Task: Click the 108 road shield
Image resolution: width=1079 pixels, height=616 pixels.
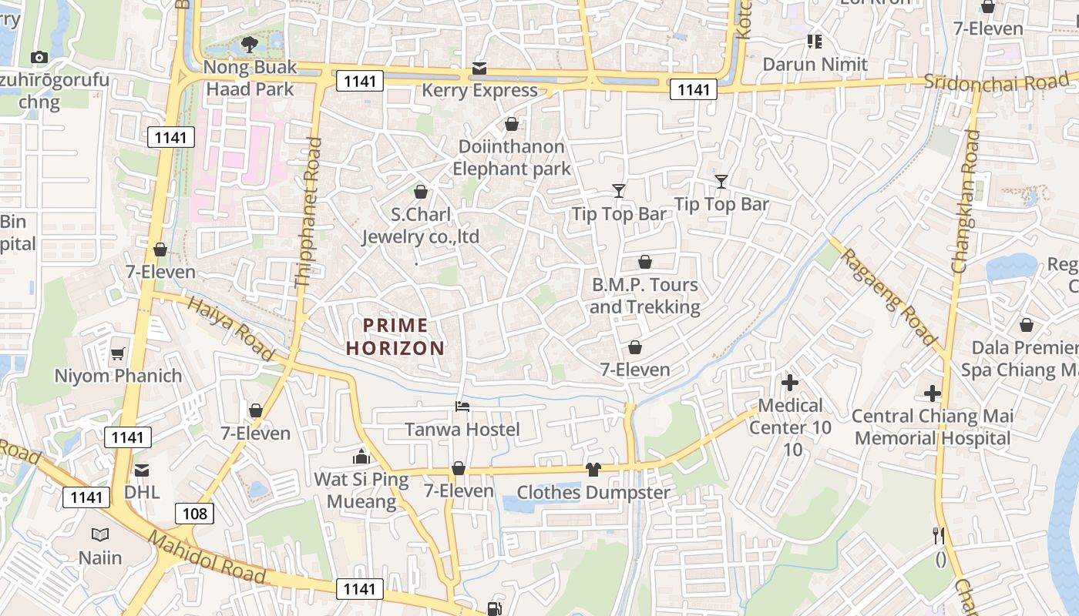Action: [x=194, y=513]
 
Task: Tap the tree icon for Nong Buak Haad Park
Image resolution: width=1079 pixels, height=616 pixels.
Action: [x=250, y=45]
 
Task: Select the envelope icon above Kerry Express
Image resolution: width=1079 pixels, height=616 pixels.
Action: [x=479, y=69]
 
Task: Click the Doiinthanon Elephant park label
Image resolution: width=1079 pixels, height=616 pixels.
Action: [x=511, y=158]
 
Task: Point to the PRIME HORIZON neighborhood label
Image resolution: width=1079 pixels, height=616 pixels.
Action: [x=395, y=336]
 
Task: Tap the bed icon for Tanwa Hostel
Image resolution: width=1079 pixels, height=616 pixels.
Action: [x=462, y=406]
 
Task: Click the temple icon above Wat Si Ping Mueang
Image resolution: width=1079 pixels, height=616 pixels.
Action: [x=361, y=457]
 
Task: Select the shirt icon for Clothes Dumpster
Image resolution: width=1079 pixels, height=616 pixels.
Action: [x=593, y=469]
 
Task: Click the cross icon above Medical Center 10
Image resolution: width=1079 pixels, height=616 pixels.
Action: [x=790, y=382]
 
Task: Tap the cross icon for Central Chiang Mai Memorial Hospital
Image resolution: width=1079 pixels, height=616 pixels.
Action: [x=933, y=393]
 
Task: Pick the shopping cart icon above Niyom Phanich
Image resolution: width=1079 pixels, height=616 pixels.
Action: [x=118, y=353]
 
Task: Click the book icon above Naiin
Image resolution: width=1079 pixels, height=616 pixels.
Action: [x=100, y=534]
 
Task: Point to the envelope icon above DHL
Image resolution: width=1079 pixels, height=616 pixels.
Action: [x=142, y=470]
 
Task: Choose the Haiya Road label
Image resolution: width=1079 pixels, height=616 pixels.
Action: [x=230, y=330]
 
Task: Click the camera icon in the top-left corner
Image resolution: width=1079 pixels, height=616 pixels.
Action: [x=39, y=57]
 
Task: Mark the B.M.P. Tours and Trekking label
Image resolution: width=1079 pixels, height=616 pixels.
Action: [x=645, y=296]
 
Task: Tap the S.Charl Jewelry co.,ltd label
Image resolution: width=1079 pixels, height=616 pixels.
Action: [x=421, y=226]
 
